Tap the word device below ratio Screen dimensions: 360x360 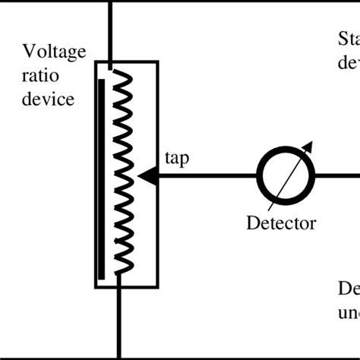[x=49, y=99]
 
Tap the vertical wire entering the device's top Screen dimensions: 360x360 [x=112, y=30]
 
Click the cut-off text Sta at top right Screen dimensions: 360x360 [x=348, y=39]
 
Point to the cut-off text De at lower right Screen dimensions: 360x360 [x=349, y=290]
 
